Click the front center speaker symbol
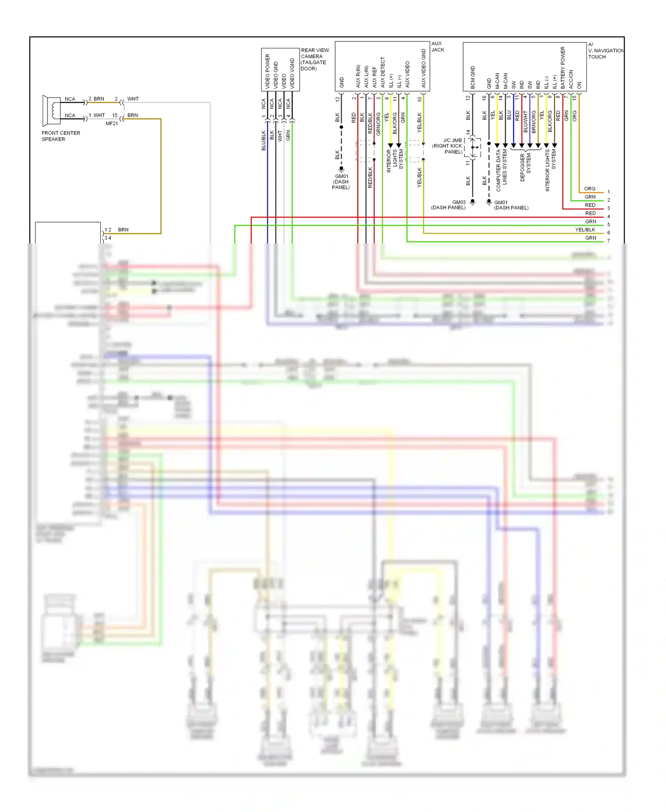pos(51,110)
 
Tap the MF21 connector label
pos(111,123)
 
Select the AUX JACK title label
pos(437,47)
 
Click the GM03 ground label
pos(458,202)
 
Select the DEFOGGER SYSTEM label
pos(525,167)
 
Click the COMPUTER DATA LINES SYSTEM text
pos(501,170)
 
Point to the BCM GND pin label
pos(472,77)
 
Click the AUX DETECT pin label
pos(382,72)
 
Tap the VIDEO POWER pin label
pos(267,71)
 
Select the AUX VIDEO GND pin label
pos(423,68)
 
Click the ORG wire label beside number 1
pos(590,189)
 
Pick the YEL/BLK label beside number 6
pos(585,230)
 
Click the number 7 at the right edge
pos(608,241)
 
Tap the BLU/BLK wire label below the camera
pos(263,140)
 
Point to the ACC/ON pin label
pos(571,79)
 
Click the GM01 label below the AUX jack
pos(341,176)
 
